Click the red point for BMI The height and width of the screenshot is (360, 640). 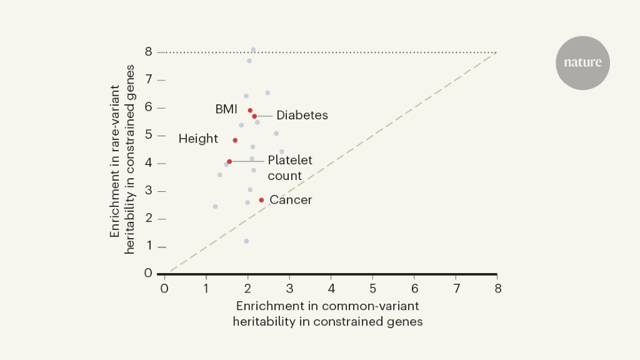[x=250, y=111]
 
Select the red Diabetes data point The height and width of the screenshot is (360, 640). [x=254, y=116]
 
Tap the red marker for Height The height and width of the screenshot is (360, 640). [x=235, y=140]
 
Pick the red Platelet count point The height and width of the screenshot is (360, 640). [x=229, y=161]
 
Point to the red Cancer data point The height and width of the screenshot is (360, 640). [x=261, y=200]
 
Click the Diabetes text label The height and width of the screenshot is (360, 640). [x=302, y=116]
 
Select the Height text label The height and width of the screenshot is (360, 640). [x=198, y=139]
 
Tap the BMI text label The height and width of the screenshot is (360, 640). [x=226, y=109]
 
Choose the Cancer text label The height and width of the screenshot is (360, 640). [x=291, y=200]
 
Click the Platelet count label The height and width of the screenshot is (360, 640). [x=289, y=168]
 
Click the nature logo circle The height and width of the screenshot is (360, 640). [x=582, y=62]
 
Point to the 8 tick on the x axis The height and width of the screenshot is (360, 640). [x=497, y=288]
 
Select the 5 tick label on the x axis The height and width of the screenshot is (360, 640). [x=372, y=288]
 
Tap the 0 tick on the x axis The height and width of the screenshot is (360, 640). [x=164, y=288]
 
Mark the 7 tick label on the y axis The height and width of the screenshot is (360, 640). [x=149, y=80]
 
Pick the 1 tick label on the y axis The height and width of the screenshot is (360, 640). [x=149, y=246]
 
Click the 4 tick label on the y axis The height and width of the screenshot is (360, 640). [x=149, y=163]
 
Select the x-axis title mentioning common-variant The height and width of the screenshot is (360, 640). [x=327, y=314]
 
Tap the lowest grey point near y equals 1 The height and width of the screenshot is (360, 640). [x=246, y=241]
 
